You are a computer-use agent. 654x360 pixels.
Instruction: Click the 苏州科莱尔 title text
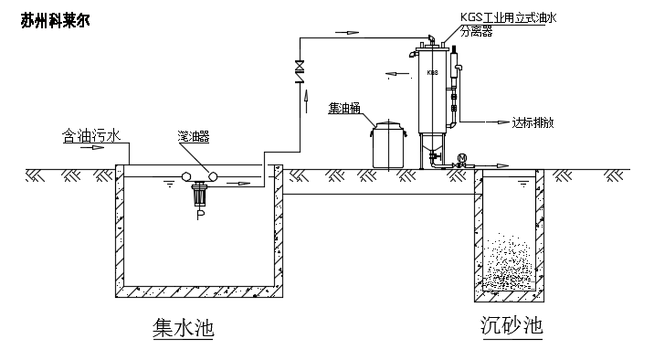coord(55,20)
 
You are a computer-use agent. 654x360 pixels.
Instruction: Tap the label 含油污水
coord(91,135)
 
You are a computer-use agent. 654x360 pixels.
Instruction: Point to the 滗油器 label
coord(193,136)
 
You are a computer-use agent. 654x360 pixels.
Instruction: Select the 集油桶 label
coord(344,108)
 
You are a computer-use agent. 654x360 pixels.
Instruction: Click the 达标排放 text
coord(533,122)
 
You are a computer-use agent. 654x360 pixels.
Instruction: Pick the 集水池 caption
coord(183,327)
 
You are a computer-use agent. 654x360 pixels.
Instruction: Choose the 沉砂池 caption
coord(512,325)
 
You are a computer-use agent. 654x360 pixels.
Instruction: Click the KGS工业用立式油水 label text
coord(509,17)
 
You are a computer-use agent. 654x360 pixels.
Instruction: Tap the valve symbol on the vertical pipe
coord(300,71)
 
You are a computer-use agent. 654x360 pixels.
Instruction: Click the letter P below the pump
coord(201,215)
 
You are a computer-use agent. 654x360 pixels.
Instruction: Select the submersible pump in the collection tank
coord(201,195)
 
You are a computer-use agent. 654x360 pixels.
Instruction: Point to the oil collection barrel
coord(388,144)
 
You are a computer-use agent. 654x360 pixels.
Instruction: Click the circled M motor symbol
coord(461,158)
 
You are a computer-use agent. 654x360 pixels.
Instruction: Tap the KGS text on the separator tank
coord(433,72)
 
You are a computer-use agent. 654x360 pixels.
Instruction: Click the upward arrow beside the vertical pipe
coord(307,101)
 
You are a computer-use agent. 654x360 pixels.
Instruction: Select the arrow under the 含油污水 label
coord(92,147)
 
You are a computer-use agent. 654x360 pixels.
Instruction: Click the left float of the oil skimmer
coord(186,176)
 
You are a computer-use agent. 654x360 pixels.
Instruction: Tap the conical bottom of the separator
coord(433,143)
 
